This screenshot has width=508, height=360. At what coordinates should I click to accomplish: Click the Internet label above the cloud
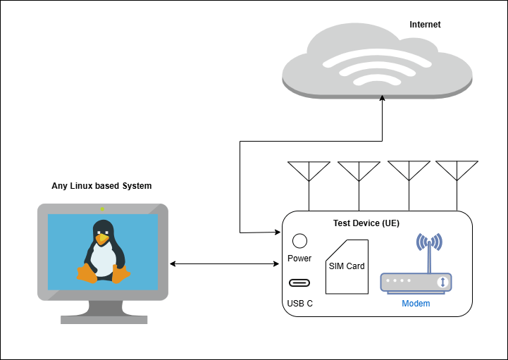pyautogui.click(x=425, y=25)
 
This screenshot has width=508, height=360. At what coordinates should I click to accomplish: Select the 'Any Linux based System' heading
pyautogui.click(x=101, y=186)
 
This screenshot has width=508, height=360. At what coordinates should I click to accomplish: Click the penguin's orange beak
pyautogui.click(x=103, y=240)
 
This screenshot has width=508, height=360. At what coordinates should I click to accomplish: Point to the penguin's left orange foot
pyautogui.click(x=87, y=273)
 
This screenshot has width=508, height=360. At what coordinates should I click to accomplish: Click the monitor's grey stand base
pyautogui.click(x=104, y=319)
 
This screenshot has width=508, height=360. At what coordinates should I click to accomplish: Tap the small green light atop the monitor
pyautogui.click(x=102, y=209)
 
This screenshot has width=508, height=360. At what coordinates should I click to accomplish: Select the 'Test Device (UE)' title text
pyautogui.click(x=366, y=223)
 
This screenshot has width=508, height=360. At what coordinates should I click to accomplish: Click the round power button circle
pyautogui.click(x=299, y=241)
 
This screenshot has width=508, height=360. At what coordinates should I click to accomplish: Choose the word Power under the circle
pyautogui.click(x=299, y=259)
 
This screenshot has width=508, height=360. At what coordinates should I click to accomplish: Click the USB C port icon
pyautogui.click(x=299, y=283)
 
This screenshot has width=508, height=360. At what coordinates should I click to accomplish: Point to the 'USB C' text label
pyautogui.click(x=299, y=304)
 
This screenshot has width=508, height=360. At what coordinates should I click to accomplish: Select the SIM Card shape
pyautogui.click(x=347, y=266)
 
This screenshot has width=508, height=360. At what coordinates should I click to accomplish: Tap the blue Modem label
pyautogui.click(x=416, y=304)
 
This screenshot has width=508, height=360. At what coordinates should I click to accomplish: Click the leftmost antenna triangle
pyautogui.click(x=309, y=170)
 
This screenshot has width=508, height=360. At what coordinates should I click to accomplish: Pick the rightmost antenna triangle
pyautogui.click(x=457, y=170)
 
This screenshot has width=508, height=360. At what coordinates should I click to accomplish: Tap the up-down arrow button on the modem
pyautogui.click(x=442, y=283)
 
